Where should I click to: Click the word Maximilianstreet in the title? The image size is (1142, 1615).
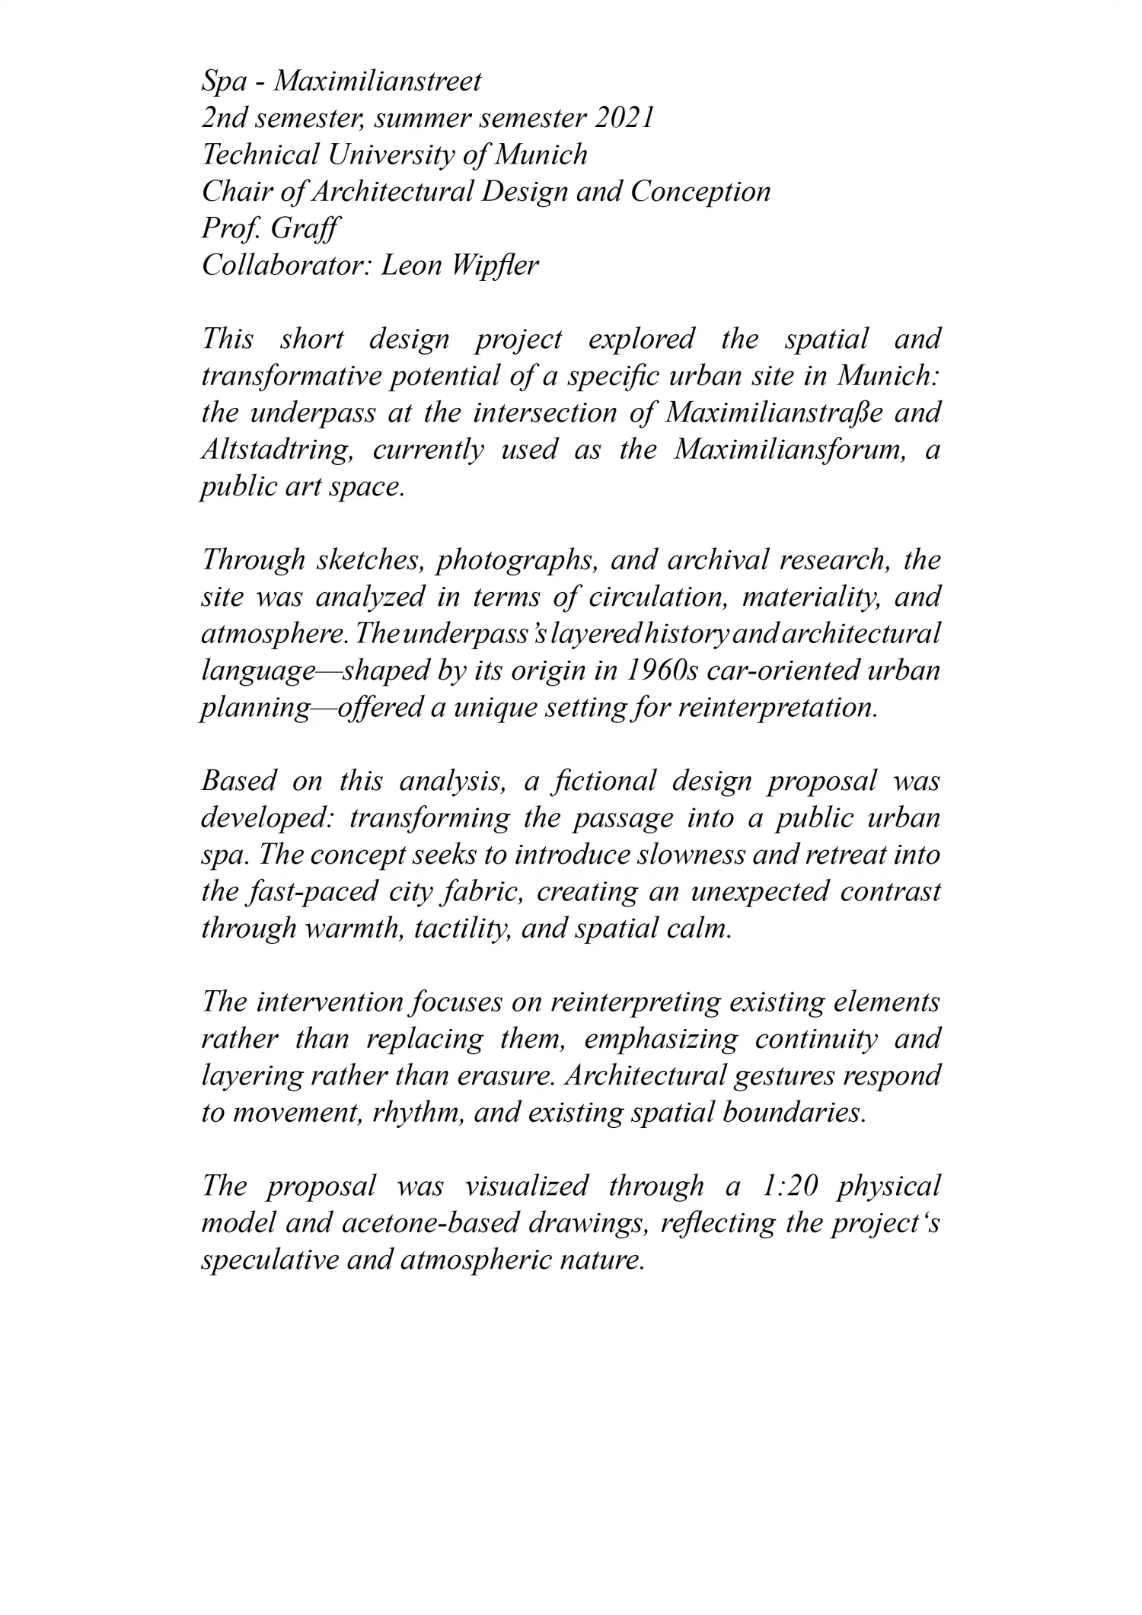[x=377, y=81]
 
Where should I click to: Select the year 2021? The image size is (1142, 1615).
[x=624, y=119]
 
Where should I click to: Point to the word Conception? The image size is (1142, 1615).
[x=700, y=192]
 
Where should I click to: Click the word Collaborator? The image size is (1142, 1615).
[x=285, y=266]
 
